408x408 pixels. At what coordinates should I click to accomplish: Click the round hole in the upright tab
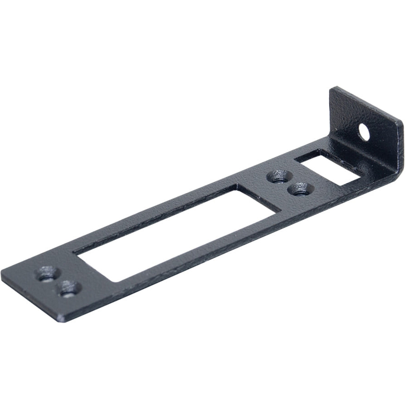[x=364, y=131]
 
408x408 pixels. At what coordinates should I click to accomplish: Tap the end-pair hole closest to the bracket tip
[x=46, y=274]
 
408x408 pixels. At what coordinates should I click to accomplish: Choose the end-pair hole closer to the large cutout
[x=69, y=288]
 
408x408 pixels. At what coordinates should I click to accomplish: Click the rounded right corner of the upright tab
[x=401, y=125]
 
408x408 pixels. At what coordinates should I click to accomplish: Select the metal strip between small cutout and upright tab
[x=363, y=159]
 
